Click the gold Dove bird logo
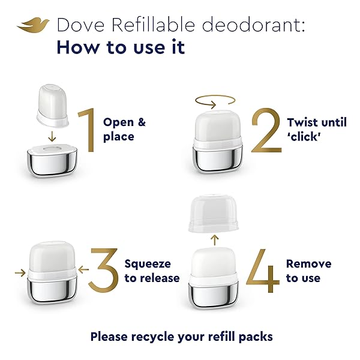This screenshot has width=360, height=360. pyautogui.click(x=33, y=25)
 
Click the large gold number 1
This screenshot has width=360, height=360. pyautogui.click(x=87, y=130)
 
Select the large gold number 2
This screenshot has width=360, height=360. pyautogui.click(x=266, y=130)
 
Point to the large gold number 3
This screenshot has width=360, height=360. pyautogui.click(x=104, y=270)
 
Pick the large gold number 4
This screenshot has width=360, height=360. pyautogui.click(x=263, y=271)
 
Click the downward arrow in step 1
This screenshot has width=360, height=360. pyautogui.click(x=52, y=136)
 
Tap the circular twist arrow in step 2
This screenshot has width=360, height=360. pyautogui.click(x=215, y=101)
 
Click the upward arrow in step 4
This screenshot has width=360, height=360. pyautogui.click(x=214, y=240)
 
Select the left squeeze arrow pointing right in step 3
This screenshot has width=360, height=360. pyautogui.click(x=20, y=273)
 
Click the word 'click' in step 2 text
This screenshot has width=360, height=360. pyautogui.click(x=304, y=137)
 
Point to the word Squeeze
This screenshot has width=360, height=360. pyautogui.click(x=148, y=264)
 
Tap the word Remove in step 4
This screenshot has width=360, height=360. pyautogui.click(x=309, y=264)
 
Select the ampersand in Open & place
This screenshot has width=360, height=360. pyautogui.click(x=142, y=122)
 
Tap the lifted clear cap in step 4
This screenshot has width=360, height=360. pyautogui.click(x=213, y=214)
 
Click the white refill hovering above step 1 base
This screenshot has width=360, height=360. pyautogui.click(x=53, y=106)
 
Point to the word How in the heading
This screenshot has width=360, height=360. pyautogui.click(x=78, y=47)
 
